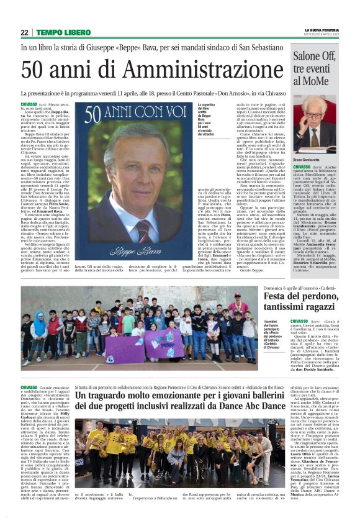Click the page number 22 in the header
point(25,32)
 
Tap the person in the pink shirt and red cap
point(237,317)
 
